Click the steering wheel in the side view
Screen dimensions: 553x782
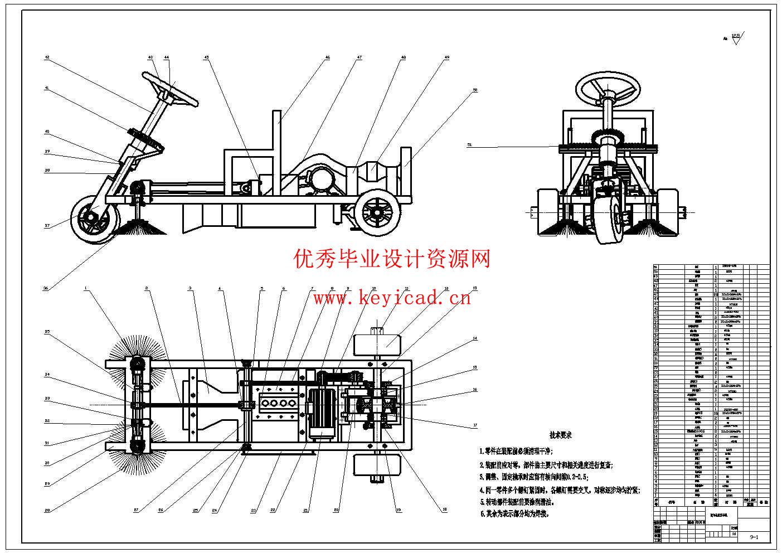[x=170, y=89]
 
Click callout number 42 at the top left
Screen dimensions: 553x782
[x=47, y=57]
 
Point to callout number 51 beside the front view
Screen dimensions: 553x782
[x=469, y=145]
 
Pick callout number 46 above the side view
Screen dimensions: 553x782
[x=327, y=57]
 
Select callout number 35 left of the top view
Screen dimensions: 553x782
[x=47, y=331]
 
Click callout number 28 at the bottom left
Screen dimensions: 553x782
[x=47, y=510]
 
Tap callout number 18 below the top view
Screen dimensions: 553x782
[x=444, y=509]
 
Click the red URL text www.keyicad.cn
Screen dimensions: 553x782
[x=391, y=298]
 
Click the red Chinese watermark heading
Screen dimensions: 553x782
[x=392, y=259]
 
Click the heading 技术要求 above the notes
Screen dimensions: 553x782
[x=560, y=435]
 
